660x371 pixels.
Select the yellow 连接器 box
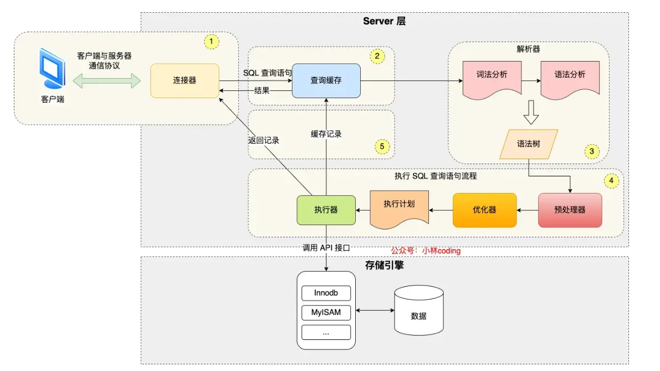pos(185,80)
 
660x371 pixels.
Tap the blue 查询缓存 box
pos(326,80)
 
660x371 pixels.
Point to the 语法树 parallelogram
pos(528,144)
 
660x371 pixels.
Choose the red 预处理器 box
pos(570,210)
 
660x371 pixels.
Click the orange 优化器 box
pos(484,210)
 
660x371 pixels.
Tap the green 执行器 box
pos(326,210)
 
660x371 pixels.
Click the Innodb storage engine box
pos(326,293)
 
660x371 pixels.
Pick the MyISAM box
pos(326,312)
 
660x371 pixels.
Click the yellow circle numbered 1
pos(211,42)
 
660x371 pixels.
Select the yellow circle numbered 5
pos(381,146)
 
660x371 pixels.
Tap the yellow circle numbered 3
pos(591,151)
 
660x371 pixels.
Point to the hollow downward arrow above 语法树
pos(531,113)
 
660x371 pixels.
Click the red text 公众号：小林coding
pos(426,251)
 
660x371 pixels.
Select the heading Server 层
pos(385,21)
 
